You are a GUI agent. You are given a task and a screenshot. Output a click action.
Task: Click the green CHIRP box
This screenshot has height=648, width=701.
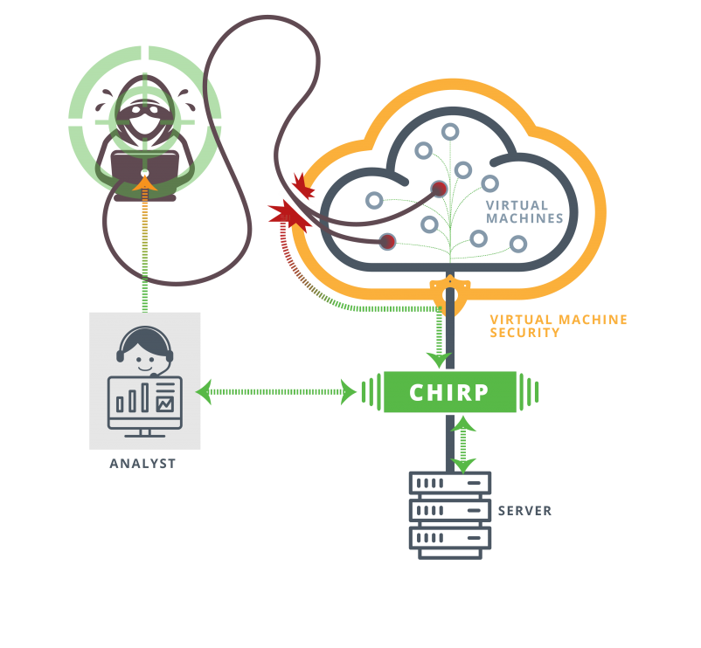click(x=449, y=391)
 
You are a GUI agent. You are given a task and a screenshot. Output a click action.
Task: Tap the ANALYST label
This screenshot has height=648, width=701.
click(x=142, y=464)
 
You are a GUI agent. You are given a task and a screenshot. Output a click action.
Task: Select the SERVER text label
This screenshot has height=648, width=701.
click(x=524, y=511)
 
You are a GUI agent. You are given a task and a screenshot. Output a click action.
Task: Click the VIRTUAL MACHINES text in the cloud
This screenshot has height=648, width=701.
click(x=524, y=212)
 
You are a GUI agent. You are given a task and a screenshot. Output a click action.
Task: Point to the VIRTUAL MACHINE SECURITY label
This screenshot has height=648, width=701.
click(x=558, y=327)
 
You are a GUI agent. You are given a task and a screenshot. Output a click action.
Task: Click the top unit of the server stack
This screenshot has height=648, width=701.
click(x=449, y=483)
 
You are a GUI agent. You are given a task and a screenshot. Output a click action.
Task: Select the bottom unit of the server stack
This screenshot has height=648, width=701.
click(x=449, y=537)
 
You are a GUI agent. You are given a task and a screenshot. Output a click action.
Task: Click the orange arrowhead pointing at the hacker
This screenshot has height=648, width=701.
click(x=145, y=183)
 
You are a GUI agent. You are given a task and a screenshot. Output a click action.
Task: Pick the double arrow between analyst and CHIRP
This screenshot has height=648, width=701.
click(x=277, y=392)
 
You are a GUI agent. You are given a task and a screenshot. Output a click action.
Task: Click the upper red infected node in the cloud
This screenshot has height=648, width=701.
click(x=440, y=189)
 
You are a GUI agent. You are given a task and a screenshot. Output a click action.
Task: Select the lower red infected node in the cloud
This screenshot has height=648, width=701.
click(x=387, y=241)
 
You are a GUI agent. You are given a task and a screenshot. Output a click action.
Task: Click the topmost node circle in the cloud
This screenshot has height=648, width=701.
click(x=450, y=132)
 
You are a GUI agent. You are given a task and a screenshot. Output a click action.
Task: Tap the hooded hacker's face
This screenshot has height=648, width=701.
click(x=144, y=122)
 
